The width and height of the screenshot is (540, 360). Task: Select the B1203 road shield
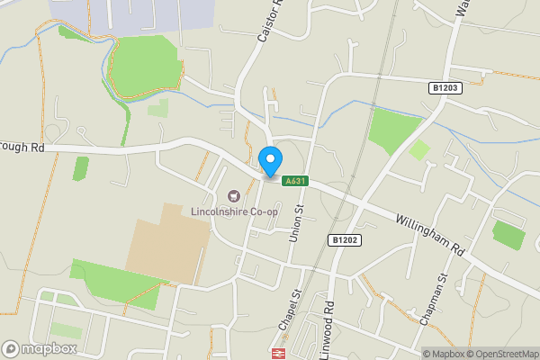pos(444,87)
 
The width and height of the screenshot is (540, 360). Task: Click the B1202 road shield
pos(344,240)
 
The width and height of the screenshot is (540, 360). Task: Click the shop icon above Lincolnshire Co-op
pos(234,196)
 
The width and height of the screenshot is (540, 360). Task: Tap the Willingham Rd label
pos(428,233)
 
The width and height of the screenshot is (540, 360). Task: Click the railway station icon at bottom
pos(279,354)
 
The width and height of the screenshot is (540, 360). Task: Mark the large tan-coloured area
pos(169,240)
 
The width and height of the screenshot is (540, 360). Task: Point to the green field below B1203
pos(392,130)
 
